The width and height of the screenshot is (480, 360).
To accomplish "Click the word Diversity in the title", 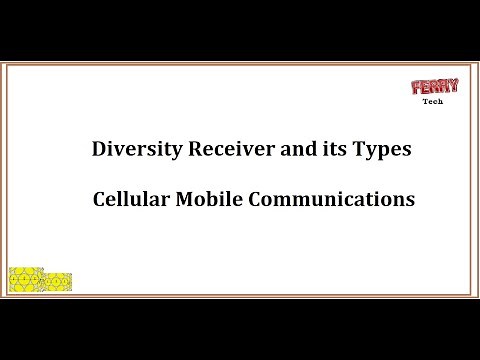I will [x=130, y=150].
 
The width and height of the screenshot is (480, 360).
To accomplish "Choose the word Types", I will [x=375, y=151].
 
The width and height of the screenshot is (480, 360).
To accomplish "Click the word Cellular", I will [x=128, y=199].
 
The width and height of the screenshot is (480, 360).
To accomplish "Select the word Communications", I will [x=328, y=199].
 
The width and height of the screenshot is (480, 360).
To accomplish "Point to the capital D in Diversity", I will [x=98, y=150].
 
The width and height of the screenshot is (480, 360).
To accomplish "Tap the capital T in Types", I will [x=350, y=150].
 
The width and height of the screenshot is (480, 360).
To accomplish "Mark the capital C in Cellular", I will [x=98, y=199].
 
